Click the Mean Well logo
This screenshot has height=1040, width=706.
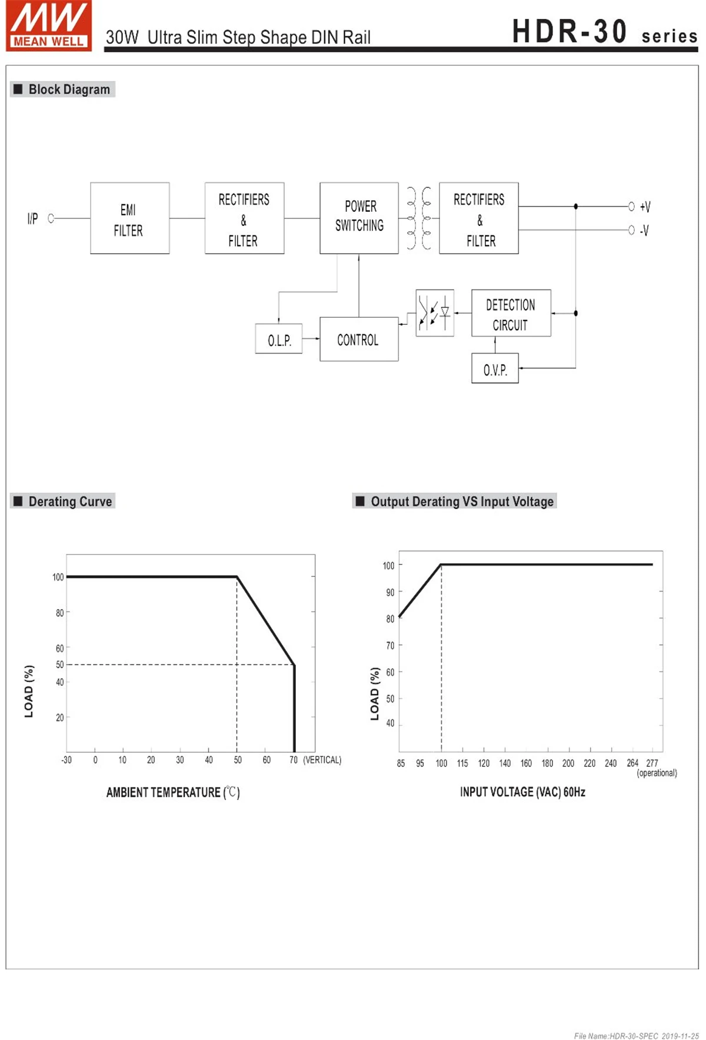pos(49,26)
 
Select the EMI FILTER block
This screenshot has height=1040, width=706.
pos(129,218)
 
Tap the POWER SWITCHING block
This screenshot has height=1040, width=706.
pos(359,218)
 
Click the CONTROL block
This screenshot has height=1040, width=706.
pos(359,340)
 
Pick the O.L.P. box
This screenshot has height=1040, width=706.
pos(279,339)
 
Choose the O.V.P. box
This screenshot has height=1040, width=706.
pos(495,368)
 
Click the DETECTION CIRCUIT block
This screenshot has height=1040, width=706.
pos(511,313)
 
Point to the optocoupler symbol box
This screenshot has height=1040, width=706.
pos(434,313)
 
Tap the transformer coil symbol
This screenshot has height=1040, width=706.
pos(419,218)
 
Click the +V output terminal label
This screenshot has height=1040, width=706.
pos(645,207)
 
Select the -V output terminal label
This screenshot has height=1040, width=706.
pos(645,230)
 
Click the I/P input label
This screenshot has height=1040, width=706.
pos(32,219)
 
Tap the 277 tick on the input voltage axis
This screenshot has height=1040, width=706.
pos(652,763)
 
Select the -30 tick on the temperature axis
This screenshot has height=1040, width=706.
pos(66,760)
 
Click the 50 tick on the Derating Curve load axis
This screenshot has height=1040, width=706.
pos(59,664)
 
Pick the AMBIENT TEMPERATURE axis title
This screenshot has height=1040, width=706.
pos(173,792)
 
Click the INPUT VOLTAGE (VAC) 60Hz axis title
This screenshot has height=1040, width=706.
pos(522,792)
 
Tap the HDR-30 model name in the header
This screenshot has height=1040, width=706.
pos(569,32)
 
